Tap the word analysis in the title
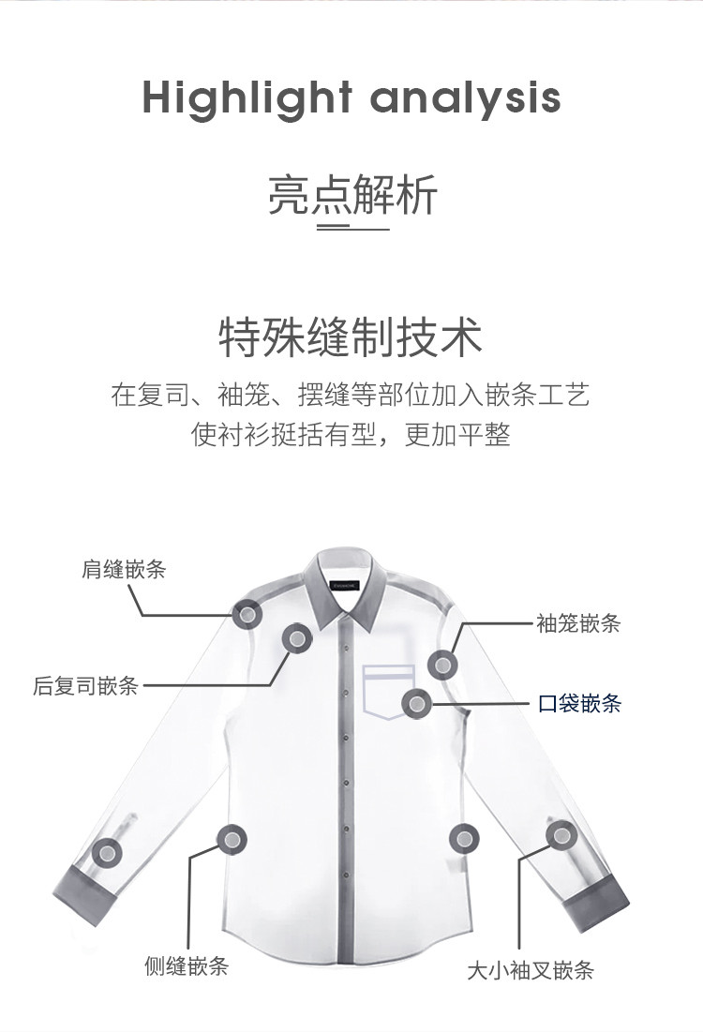[x=465, y=98]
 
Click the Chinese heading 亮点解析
[x=352, y=195]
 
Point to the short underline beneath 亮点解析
[x=352, y=229]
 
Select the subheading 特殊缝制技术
[x=351, y=337]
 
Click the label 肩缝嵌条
[x=124, y=569]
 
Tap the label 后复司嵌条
[x=85, y=686]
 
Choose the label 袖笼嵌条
[x=578, y=622]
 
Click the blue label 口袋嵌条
[x=580, y=704]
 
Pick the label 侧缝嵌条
[x=187, y=966]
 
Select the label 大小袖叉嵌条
[x=531, y=970]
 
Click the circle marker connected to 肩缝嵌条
[x=247, y=615]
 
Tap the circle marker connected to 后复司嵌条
[x=297, y=637]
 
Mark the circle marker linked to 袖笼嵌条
[x=443, y=665]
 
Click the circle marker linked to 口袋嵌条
[x=417, y=704]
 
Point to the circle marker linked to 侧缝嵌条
[x=232, y=839]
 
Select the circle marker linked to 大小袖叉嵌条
[x=561, y=836]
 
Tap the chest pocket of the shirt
[x=388, y=692]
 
